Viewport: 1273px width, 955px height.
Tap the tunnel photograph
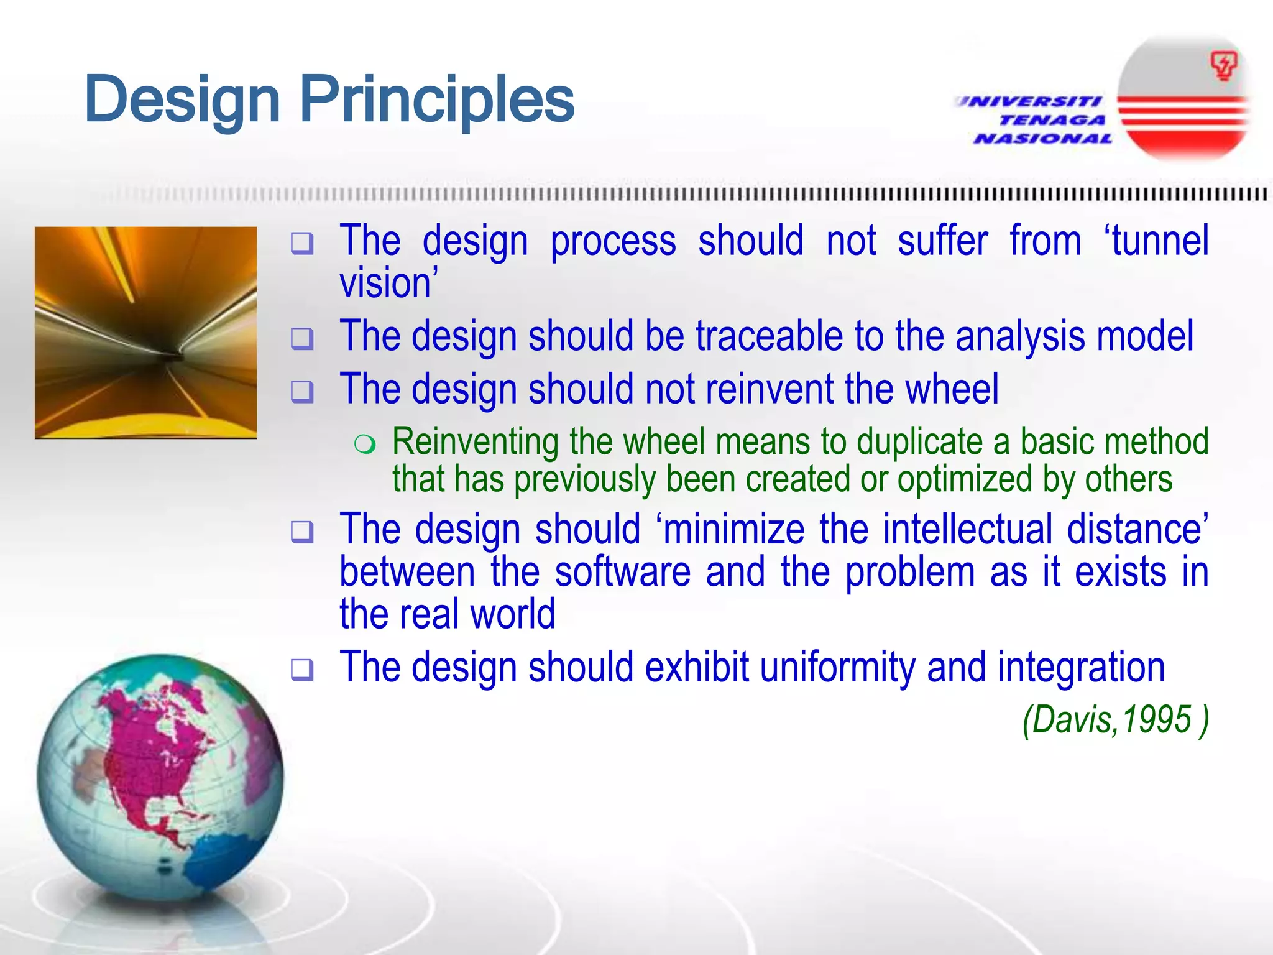[145, 333]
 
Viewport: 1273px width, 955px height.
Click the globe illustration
[160, 777]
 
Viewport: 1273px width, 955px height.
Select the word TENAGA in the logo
[1052, 120]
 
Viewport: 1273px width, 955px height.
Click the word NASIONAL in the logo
[1043, 139]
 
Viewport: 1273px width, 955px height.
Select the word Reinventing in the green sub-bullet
[476, 442]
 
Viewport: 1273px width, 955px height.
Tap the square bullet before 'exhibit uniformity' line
[302, 670]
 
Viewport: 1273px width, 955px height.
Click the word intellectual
[967, 530]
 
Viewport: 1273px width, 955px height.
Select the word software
[622, 572]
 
